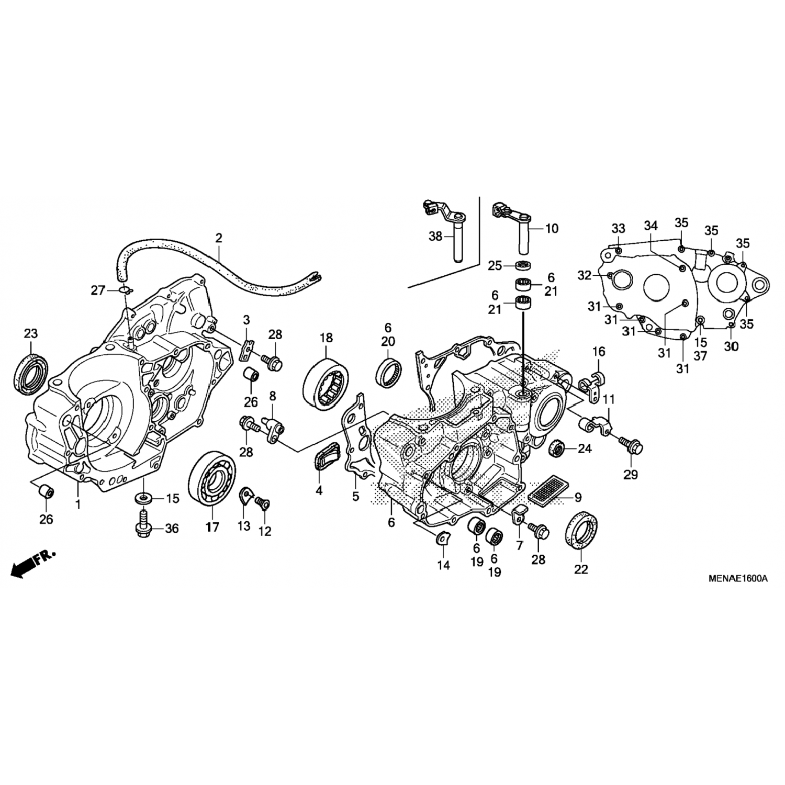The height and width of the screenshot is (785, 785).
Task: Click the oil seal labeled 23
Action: [30, 372]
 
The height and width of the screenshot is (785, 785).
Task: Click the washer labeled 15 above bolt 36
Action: [141, 497]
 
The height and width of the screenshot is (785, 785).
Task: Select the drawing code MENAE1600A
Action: [738, 578]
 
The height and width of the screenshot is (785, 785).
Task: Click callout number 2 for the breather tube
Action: [218, 238]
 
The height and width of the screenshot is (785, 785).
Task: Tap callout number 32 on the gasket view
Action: [585, 275]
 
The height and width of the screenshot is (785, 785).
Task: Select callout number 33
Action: [618, 229]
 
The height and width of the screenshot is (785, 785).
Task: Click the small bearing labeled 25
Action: [523, 265]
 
